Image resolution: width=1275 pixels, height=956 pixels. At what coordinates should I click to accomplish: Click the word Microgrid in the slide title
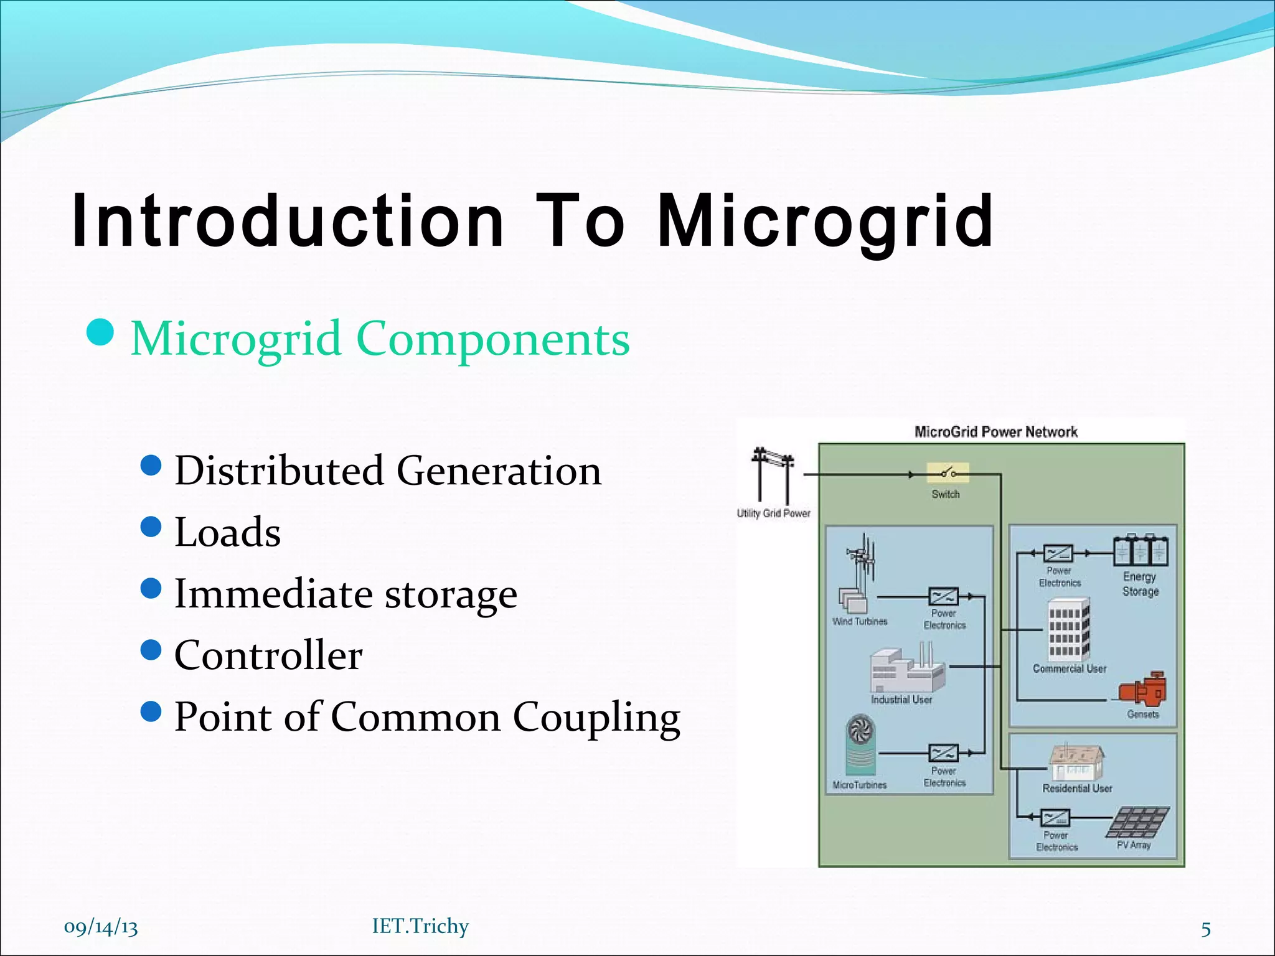[x=825, y=221]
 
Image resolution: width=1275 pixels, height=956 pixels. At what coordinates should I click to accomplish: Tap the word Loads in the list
[x=227, y=532]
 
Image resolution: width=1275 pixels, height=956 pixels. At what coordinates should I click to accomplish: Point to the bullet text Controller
[x=268, y=655]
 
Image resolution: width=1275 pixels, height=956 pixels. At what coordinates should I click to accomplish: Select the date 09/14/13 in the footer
[x=101, y=927]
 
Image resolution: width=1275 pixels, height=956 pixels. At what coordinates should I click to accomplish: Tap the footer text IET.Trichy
[x=420, y=926]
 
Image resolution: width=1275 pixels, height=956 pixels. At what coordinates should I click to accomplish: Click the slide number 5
[x=1206, y=929]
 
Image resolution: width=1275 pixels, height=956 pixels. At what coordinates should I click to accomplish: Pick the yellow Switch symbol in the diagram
[x=948, y=473]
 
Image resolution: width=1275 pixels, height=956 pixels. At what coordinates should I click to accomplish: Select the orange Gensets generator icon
[x=1143, y=689]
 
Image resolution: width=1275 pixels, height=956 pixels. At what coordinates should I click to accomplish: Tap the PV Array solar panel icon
[x=1138, y=822]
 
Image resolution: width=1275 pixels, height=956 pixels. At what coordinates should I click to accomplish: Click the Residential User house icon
[x=1076, y=762]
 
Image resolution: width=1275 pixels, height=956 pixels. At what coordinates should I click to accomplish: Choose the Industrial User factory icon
[x=906, y=670]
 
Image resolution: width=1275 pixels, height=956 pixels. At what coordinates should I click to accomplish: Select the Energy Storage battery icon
[x=1141, y=551]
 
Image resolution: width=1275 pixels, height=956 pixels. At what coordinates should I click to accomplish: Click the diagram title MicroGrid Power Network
[x=995, y=432]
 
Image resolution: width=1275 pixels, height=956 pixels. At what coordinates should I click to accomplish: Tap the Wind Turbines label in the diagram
[x=860, y=621]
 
